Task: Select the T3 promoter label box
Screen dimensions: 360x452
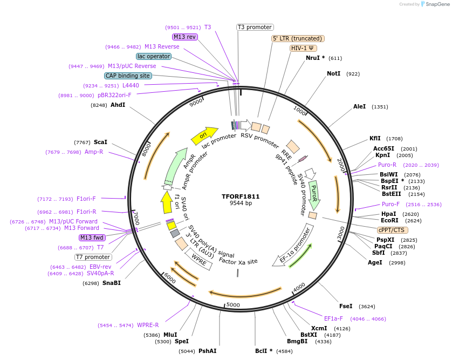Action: (255, 27)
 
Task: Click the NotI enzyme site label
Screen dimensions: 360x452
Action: (334, 73)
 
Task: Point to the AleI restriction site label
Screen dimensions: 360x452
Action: (359, 107)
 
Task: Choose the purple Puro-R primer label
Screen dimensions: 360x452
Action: (387, 165)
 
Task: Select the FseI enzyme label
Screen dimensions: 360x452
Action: (346, 306)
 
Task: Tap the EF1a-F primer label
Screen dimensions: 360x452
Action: (333, 318)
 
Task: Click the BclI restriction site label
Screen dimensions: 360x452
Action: (264, 351)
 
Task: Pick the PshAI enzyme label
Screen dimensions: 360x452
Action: (208, 351)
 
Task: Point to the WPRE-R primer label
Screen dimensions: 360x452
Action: (147, 325)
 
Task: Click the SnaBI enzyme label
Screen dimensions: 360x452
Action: (112, 283)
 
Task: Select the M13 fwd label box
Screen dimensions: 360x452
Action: (92, 237)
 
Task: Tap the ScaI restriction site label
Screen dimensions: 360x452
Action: (100, 142)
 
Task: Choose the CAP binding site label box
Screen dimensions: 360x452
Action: (128, 76)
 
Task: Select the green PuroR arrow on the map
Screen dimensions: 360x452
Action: (314, 194)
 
